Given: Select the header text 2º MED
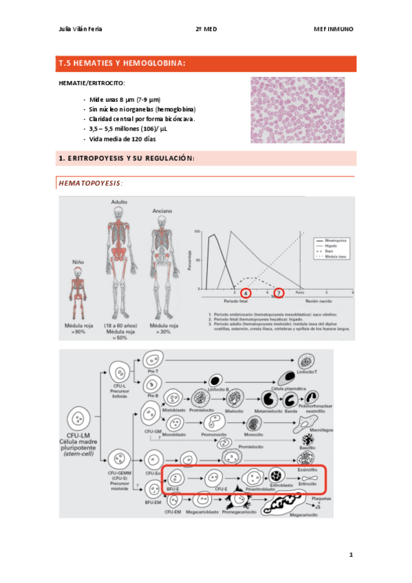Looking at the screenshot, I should pyautogui.click(x=206, y=29).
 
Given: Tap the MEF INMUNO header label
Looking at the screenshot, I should pyautogui.click(x=334, y=29).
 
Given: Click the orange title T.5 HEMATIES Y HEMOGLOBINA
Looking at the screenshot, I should pyautogui.click(x=122, y=64).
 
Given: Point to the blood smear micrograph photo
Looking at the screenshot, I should pyautogui.click(x=302, y=111).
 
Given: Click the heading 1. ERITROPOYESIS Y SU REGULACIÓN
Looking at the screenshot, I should pyautogui.click(x=127, y=159).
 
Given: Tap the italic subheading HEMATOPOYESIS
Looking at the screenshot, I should pyautogui.click(x=91, y=184).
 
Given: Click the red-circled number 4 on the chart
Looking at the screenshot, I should pyautogui.click(x=246, y=294).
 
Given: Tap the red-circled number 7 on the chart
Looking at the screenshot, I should pyautogui.click(x=279, y=294).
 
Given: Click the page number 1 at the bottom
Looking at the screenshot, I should pyautogui.click(x=350, y=554).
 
